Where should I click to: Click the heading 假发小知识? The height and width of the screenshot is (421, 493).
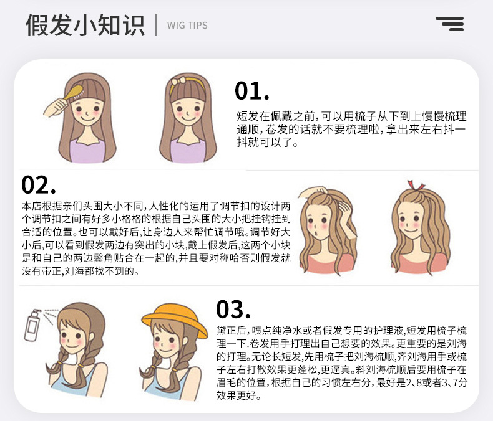click(85, 25)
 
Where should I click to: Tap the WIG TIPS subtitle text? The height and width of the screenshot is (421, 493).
click(187, 26)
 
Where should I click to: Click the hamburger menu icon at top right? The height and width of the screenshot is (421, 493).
click(449, 24)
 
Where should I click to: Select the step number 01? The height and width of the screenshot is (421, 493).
click(251, 91)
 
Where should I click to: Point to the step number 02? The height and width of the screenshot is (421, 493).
click(38, 185)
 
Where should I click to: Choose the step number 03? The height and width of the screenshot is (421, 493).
click(233, 310)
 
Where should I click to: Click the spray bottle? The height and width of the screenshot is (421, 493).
click(32, 327)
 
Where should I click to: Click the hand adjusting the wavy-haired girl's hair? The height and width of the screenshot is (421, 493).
click(310, 198)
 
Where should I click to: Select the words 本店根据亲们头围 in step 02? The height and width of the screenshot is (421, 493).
click(61, 206)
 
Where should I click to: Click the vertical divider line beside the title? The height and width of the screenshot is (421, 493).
click(156, 25)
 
